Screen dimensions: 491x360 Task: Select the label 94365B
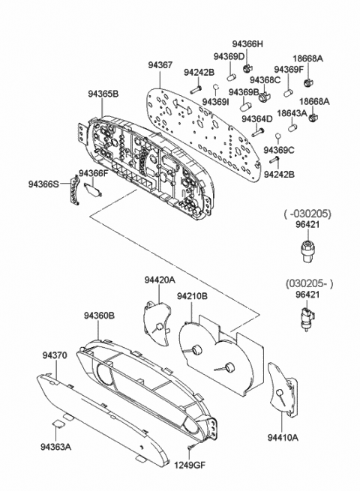click(103, 94)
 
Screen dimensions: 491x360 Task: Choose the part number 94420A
click(160, 280)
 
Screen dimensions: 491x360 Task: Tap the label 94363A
click(56, 448)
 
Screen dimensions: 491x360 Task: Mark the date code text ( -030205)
click(307, 213)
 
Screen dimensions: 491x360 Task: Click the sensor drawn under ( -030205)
click(306, 248)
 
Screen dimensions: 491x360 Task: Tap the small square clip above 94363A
click(58, 424)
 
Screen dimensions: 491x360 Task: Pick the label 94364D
click(256, 118)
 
